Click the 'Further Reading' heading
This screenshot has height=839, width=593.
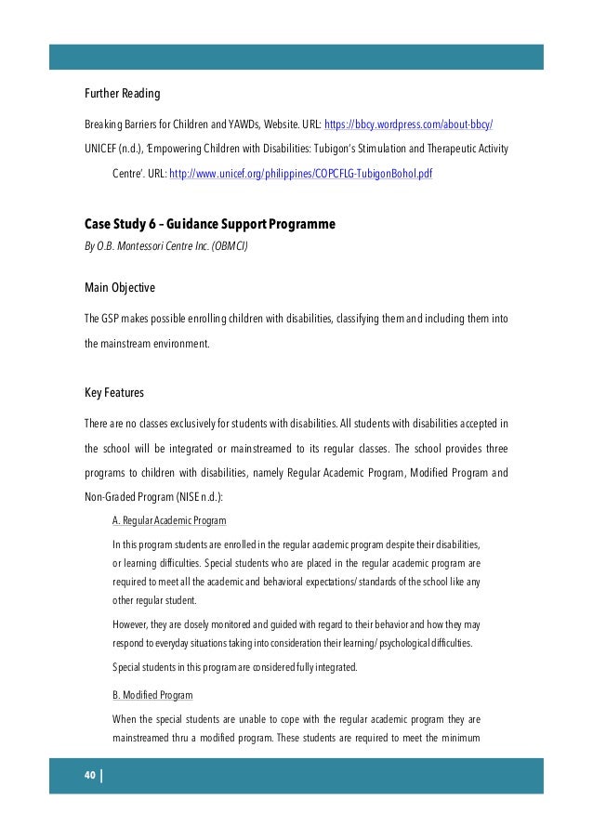coord(123,95)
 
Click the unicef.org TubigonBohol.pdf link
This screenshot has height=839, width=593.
coord(300,174)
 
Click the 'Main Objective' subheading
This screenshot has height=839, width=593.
coord(120,287)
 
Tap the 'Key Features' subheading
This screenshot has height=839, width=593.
coord(114,393)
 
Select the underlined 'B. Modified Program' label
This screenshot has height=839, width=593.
coord(152,694)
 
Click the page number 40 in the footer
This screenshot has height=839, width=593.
coord(90,777)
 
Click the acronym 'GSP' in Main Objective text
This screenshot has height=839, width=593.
coord(111,319)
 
